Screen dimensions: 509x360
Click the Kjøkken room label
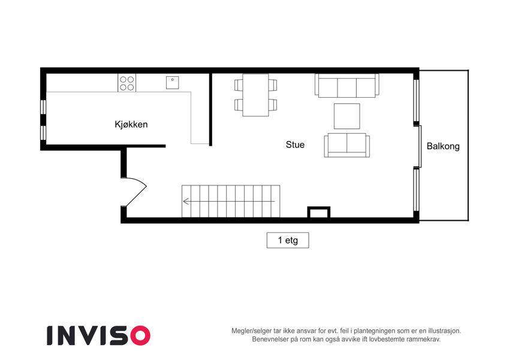(131, 124)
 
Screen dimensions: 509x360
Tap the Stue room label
(295, 145)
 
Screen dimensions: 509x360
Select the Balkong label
(443, 146)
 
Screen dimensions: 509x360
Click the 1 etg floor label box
(288, 241)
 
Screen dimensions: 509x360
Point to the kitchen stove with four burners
(127, 83)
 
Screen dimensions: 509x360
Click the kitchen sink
(173, 83)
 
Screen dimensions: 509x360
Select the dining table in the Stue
(255, 95)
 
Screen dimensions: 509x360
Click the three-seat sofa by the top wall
(347, 85)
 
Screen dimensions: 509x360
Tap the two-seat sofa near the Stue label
(347, 145)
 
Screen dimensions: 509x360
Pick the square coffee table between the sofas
(347, 116)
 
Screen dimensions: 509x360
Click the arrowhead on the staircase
(186, 202)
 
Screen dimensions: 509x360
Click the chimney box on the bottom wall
(319, 212)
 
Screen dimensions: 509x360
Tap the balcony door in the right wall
(420, 146)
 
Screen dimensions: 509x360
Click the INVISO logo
(99, 335)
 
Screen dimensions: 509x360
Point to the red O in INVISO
(140, 335)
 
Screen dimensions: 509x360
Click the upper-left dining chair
(239, 85)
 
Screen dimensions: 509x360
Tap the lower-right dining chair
(273, 105)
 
